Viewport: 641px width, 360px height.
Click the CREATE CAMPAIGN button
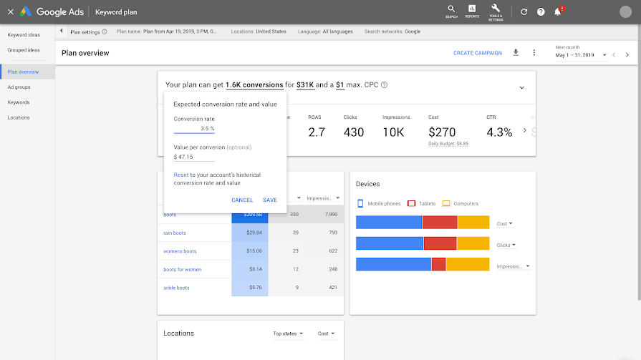(477, 53)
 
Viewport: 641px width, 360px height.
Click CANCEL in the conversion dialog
(242, 200)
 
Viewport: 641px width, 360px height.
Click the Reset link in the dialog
(180, 175)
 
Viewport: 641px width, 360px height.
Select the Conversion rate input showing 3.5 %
(195, 129)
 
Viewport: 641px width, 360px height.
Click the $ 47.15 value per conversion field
(193, 157)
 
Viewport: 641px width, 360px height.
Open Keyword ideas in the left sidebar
(24, 34)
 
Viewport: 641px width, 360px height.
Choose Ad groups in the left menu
(19, 87)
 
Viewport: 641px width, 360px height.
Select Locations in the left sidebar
(19, 117)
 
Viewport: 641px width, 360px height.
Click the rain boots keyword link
(175, 233)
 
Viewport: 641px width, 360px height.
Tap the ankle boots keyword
(176, 288)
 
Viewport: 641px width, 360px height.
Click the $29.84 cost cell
(250, 233)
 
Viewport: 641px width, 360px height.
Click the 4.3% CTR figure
(499, 132)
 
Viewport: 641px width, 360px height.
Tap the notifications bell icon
(557, 11)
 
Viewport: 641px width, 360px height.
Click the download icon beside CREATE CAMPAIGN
(516, 53)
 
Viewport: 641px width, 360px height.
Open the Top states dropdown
(288, 334)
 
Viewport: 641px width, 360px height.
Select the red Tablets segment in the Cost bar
(439, 223)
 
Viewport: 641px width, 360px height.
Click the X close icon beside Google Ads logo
(10, 11)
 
